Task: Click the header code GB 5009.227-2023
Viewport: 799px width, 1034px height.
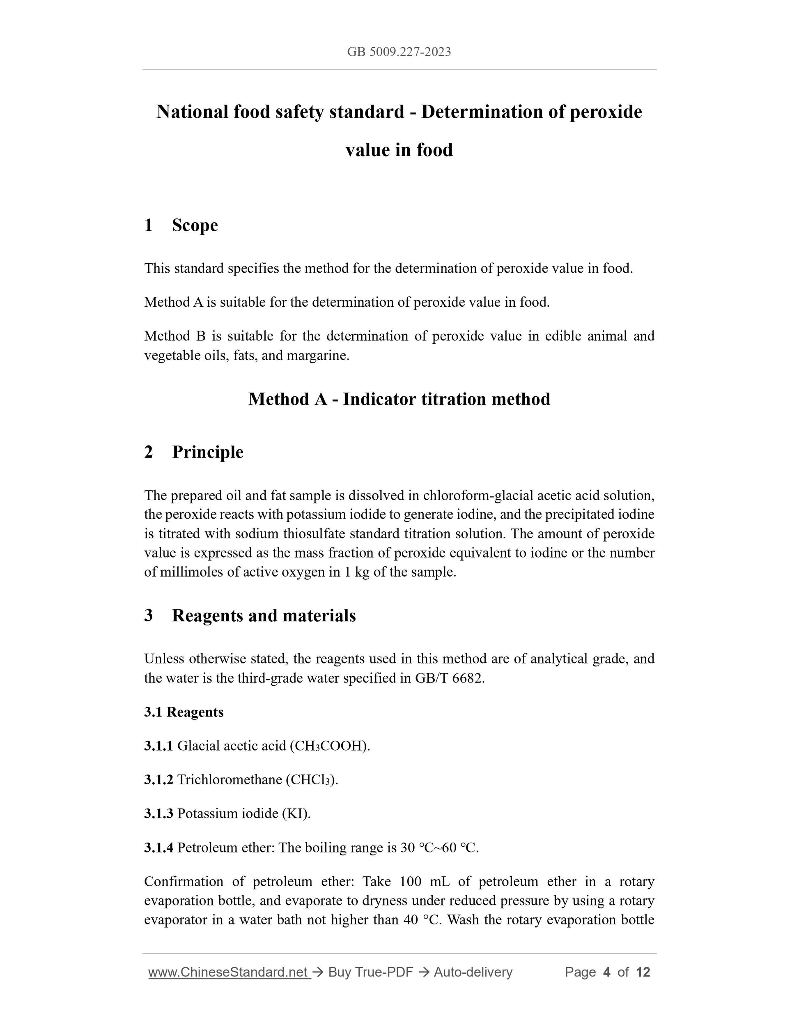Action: pyautogui.click(x=399, y=52)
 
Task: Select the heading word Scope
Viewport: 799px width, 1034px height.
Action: pyautogui.click(x=195, y=225)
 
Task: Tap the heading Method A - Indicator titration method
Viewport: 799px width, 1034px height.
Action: pyautogui.click(x=399, y=399)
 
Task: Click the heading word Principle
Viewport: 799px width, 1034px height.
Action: pyautogui.click(x=207, y=452)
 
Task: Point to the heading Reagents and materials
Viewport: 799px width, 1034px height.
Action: pyautogui.click(x=264, y=616)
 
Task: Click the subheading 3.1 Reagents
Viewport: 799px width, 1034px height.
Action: pyautogui.click(x=184, y=712)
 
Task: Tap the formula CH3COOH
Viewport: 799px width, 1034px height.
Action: pyautogui.click(x=328, y=746)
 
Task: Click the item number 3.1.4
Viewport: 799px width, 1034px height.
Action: pyautogui.click(x=158, y=848)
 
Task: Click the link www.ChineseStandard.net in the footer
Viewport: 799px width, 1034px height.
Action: pyautogui.click(x=228, y=972)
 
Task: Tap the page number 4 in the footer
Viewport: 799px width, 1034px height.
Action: pyautogui.click(x=606, y=972)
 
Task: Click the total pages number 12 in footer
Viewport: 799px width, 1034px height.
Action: pyautogui.click(x=643, y=972)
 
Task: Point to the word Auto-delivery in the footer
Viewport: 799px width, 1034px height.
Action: pyautogui.click(x=473, y=972)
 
